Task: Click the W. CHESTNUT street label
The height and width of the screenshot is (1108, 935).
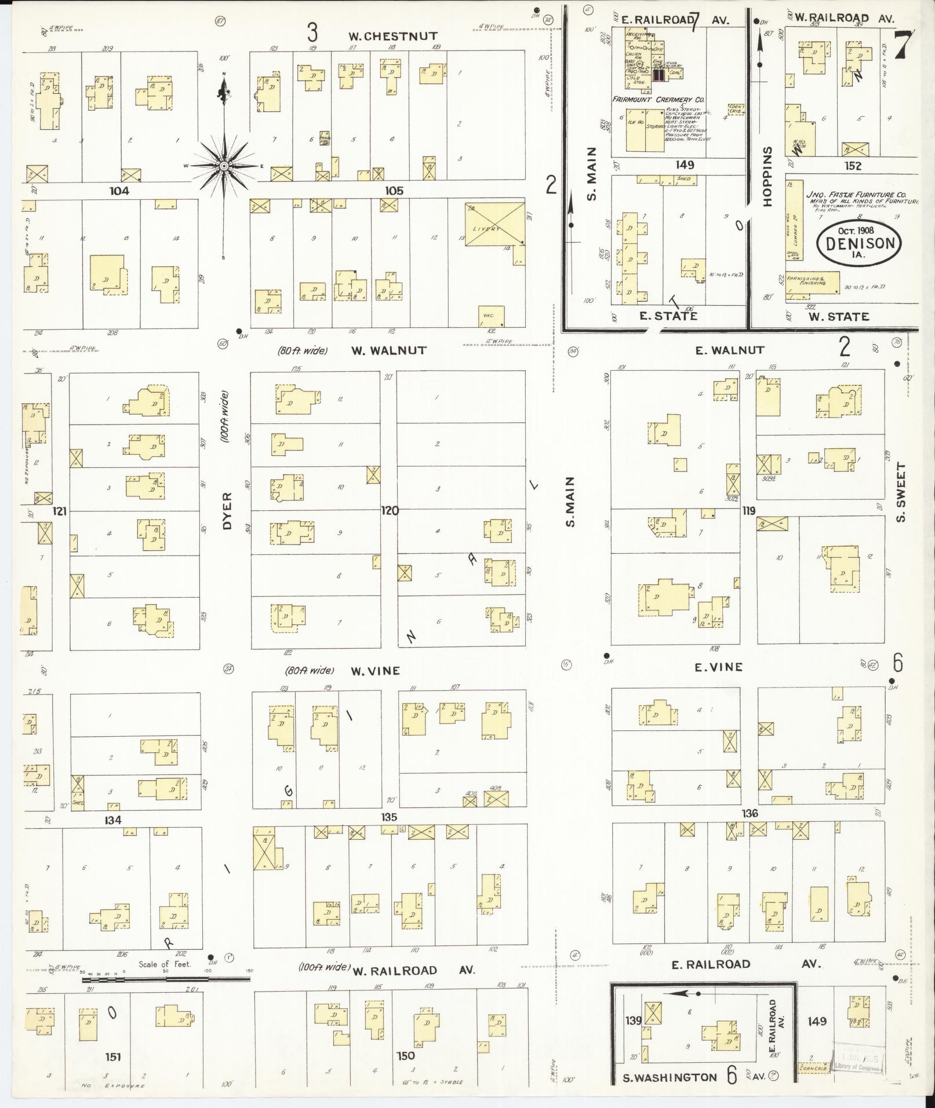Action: click(x=392, y=36)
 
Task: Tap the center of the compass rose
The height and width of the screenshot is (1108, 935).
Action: click(x=223, y=166)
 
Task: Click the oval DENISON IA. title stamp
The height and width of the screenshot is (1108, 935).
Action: click(x=859, y=243)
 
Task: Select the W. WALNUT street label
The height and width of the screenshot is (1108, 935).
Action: click(x=388, y=350)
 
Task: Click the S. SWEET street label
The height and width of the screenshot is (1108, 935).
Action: click(x=900, y=492)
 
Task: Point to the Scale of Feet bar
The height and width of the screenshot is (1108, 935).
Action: click(x=166, y=979)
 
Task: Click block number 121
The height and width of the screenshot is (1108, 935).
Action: click(x=60, y=511)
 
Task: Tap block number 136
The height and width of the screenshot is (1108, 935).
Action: click(x=750, y=814)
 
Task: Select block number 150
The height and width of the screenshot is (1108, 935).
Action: click(x=406, y=1056)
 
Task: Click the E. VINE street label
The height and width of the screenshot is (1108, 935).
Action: click(x=719, y=667)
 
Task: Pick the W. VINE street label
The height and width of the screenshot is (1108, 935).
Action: click(x=375, y=671)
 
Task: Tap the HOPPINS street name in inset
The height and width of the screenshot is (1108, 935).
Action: click(x=769, y=177)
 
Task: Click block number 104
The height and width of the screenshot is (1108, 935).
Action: click(x=119, y=191)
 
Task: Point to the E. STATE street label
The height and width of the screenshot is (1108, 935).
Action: click(x=668, y=316)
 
